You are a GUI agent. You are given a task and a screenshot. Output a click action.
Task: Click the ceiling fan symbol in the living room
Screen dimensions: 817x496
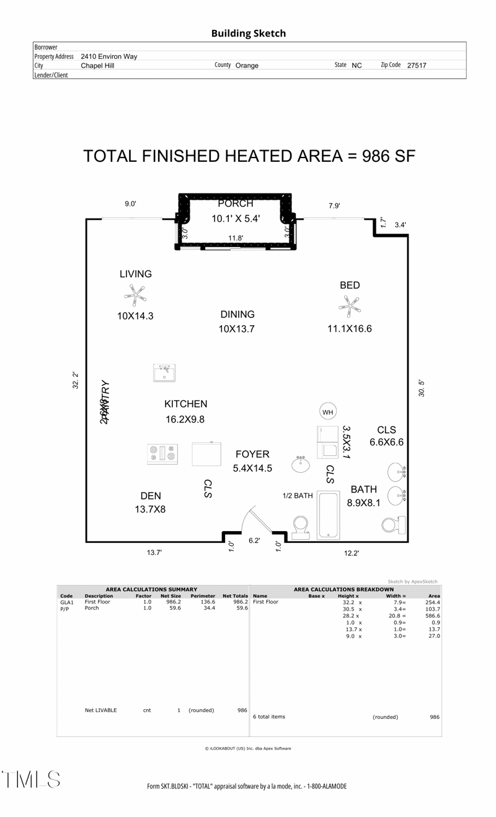click(x=135, y=295)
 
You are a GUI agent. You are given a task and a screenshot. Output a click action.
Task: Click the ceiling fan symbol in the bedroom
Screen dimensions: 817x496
click(x=349, y=305)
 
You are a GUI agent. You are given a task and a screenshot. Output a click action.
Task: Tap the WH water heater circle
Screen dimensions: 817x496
click(x=327, y=411)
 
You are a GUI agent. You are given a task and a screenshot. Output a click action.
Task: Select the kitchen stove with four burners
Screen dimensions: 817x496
click(x=162, y=454)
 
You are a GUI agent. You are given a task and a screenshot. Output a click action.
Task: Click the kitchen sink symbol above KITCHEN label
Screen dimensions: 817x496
click(x=165, y=373)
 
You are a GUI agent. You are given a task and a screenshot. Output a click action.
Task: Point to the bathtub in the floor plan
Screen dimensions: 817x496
click(x=327, y=515)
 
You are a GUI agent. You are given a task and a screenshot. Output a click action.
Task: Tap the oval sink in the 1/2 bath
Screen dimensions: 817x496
click(x=301, y=464)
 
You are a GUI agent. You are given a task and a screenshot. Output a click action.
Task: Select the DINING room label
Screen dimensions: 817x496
click(x=237, y=315)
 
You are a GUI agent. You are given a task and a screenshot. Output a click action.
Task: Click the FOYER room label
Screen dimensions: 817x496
click(x=252, y=454)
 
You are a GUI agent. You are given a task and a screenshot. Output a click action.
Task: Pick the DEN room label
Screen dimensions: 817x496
click(x=151, y=496)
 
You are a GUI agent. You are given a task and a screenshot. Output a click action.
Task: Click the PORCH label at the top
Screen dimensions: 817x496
click(x=236, y=203)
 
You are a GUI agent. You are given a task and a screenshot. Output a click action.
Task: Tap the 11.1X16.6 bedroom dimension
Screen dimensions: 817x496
click(x=350, y=329)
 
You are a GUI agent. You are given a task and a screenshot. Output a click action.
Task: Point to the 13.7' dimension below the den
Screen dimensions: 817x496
click(x=154, y=552)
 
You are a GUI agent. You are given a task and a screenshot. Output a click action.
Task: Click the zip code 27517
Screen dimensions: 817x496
click(x=417, y=65)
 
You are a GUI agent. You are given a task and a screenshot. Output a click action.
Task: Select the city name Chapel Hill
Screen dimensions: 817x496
click(x=97, y=65)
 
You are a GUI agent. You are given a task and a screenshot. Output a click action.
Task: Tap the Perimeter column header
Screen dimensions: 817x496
click(x=203, y=596)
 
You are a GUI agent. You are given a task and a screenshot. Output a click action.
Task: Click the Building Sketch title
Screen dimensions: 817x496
click(x=248, y=33)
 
